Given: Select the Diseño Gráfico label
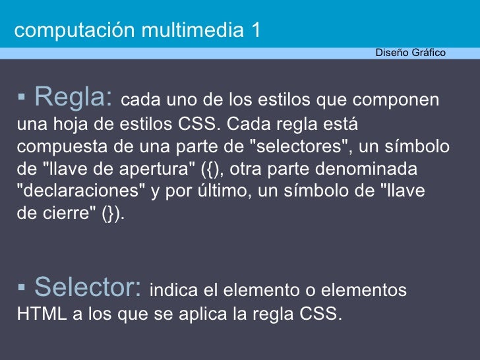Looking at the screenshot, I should [x=410, y=53].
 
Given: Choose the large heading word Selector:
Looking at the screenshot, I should [x=88, y=287].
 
